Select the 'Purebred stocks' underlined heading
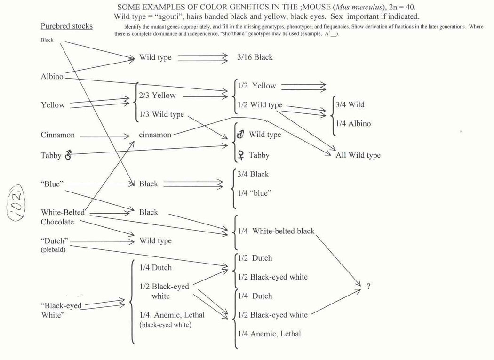tap(66, 26)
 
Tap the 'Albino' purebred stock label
tap(52, 77)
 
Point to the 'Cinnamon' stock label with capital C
tap(57, 135)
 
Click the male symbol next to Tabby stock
tap(68, 155)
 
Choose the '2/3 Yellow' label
tap(157, 96)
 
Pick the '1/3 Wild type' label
tap(161, 114)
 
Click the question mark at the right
tap(368, 287)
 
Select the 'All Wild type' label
tap(358, 155)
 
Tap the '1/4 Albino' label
tap(353, 124)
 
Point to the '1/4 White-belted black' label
tap(276, 231)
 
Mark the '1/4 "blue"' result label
tap(255, 193)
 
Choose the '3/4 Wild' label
tap(350, 104)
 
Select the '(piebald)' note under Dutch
tap(53, 250)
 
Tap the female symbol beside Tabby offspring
tap(241, 155)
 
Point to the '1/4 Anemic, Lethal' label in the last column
tap(269, 334)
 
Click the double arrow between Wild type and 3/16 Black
tap(202, 57)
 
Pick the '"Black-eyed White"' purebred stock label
tap(61, 311)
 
